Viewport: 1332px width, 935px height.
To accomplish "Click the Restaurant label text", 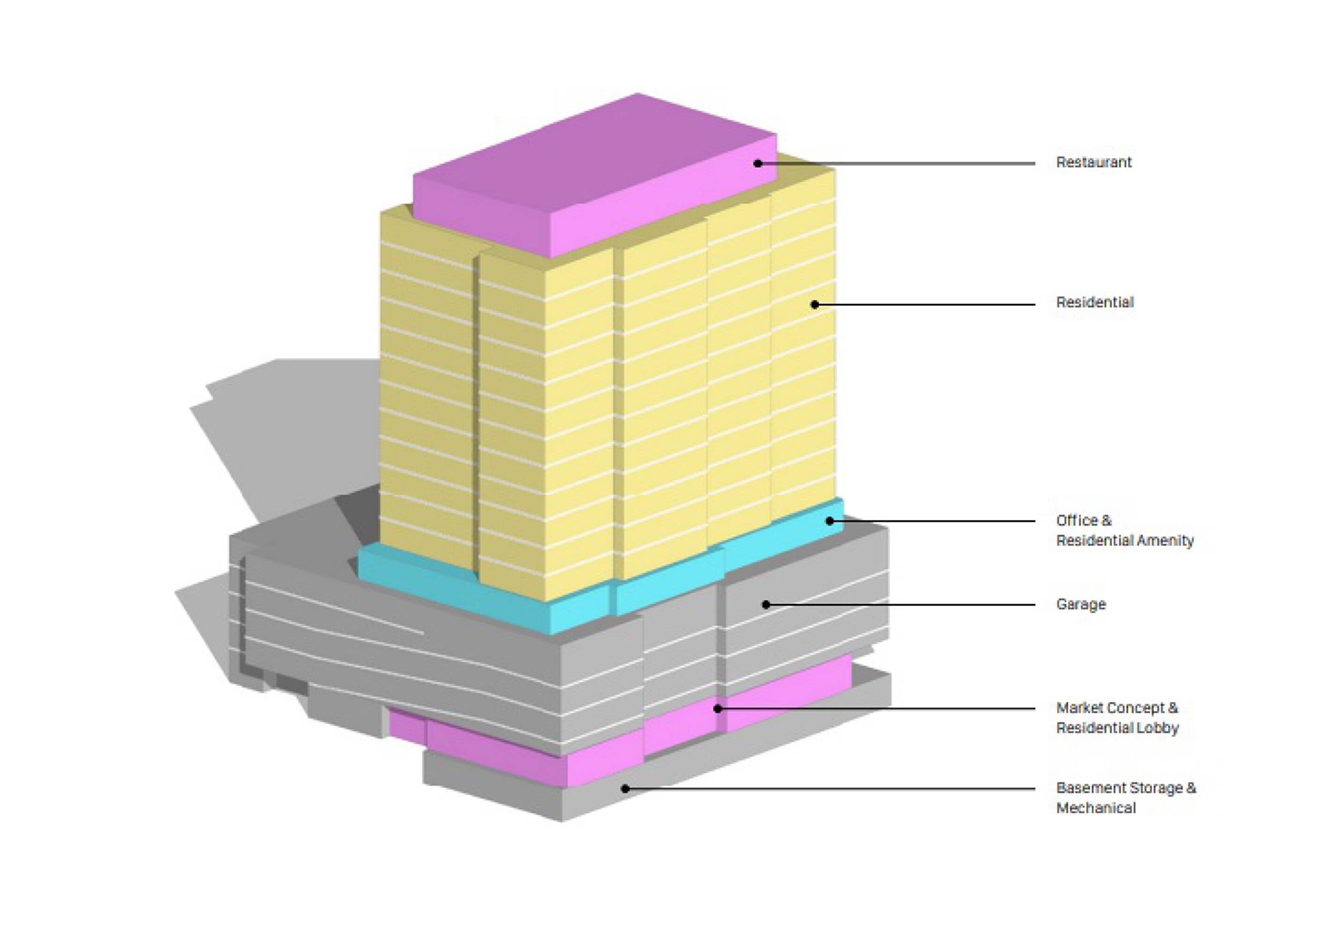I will pos(1093,162).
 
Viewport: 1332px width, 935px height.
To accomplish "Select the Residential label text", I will pos(1094,302).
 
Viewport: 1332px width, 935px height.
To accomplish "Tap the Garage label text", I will pos(1081,604).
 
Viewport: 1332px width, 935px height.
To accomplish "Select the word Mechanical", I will pos(1095,807).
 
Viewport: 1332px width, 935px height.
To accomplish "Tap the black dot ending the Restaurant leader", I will pos(758,164).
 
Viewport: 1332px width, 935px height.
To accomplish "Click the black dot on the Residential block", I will pos(815,304).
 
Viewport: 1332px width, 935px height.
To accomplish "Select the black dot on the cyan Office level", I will pos(830,521).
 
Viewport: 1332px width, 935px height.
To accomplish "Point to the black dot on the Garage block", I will pos(766,604).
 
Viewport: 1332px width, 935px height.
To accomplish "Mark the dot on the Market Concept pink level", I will pos(717,709).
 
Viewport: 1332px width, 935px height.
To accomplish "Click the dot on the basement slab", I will pos(625,789).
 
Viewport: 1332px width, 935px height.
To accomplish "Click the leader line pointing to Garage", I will pos(899,605).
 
